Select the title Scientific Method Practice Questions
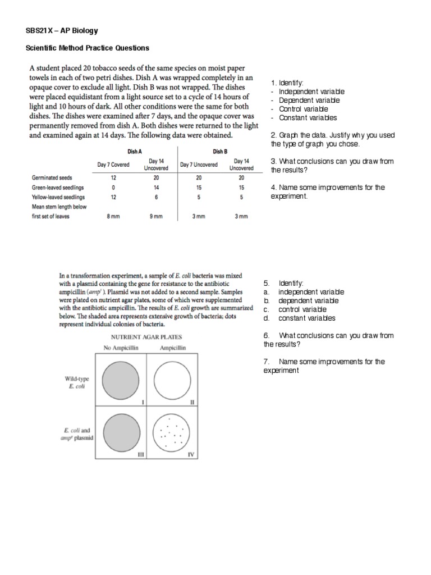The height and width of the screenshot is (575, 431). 88,48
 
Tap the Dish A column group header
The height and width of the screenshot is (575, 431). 135,151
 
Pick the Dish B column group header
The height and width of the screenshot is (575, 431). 220,151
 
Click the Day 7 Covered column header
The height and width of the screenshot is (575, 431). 113,165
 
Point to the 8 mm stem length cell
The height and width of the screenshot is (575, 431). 113,216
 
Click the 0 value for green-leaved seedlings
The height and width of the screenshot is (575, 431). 113,187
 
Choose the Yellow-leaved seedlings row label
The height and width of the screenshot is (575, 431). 58,197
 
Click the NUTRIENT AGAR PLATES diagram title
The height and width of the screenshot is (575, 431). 145,337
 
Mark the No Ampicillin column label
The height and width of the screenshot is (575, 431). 120,348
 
